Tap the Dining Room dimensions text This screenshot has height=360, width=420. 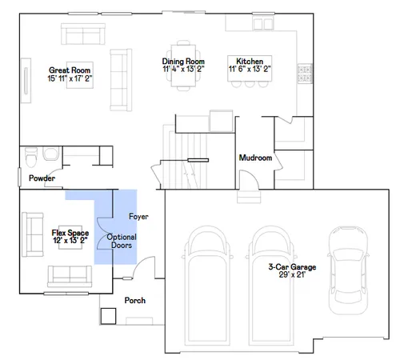(184, 70)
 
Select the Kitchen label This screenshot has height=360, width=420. (250, 61)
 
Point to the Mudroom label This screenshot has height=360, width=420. (256, 158)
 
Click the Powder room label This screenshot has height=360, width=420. (42, 178)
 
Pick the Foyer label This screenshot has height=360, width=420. (138, 217)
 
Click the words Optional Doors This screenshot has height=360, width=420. (122, 242)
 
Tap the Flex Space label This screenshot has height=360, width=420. (69, 232)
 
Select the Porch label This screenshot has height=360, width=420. (134, 302)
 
